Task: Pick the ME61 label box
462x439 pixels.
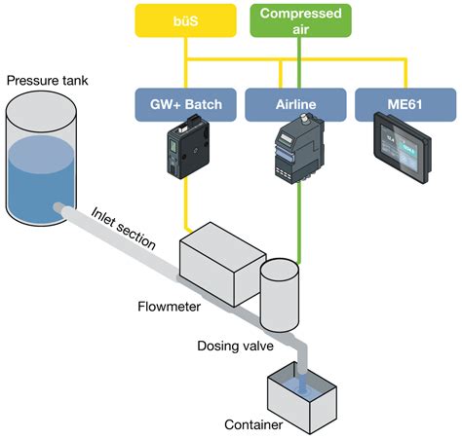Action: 406,102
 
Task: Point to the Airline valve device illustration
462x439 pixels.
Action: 293,152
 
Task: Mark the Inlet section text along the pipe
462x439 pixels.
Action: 124,229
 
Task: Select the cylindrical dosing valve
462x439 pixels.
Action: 281,293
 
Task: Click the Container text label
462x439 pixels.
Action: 253,424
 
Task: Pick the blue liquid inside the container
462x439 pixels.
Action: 305,388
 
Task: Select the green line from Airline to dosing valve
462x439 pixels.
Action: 297,224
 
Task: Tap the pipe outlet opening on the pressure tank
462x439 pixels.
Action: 60,208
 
